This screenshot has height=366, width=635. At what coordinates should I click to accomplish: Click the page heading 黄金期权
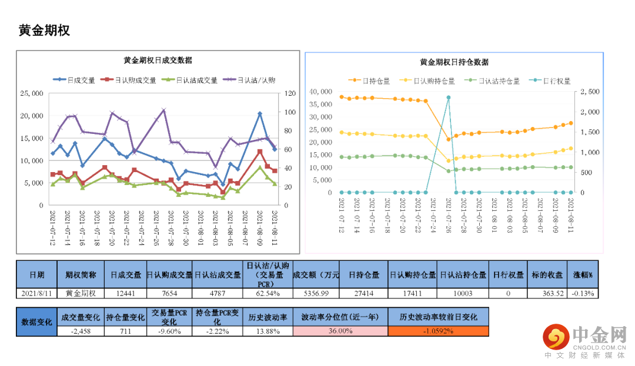tap(44, 31)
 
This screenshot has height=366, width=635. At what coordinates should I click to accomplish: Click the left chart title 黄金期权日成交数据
tap(158, 60)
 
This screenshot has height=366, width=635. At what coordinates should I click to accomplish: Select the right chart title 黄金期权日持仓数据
tap(454, 62)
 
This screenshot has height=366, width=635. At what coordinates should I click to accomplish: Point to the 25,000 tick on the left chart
tap(32, 93)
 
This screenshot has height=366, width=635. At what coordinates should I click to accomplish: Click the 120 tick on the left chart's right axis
tap(290, 93)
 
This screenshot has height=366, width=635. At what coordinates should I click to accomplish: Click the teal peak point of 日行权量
tap(448, 98)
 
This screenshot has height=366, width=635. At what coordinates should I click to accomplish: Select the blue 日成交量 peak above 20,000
tap(260, 113)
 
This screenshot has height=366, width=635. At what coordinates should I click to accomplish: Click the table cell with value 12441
tap(125, 293)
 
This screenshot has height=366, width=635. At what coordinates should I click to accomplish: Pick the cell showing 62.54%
tap(268, 293)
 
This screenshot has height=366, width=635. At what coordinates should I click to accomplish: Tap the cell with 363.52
tap(547, 293)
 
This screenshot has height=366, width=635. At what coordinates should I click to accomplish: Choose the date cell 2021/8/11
tap(36, 293)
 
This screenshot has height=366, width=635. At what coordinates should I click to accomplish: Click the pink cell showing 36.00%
tap(340, 331)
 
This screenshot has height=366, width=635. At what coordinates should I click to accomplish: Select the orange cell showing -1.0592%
tap(438, 331)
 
